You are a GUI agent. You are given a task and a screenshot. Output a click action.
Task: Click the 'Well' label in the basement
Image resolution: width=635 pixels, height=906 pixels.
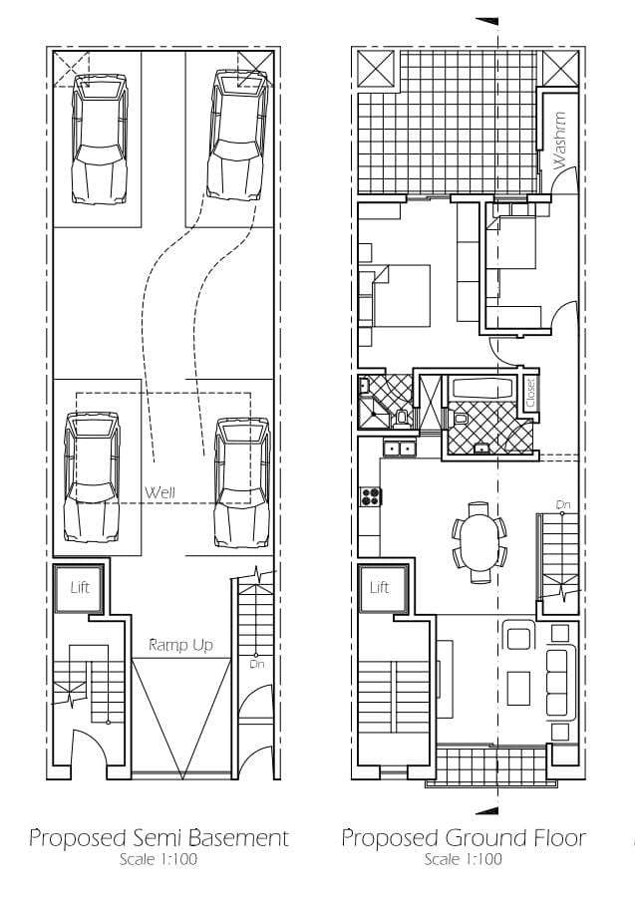point(159,492)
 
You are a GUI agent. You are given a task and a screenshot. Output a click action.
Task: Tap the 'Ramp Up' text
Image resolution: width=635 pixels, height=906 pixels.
point(180,644)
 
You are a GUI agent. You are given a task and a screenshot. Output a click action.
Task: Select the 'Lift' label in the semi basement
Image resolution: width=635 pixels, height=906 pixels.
point(80,588)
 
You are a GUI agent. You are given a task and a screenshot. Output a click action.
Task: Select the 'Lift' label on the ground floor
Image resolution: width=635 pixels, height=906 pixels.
point(379,588)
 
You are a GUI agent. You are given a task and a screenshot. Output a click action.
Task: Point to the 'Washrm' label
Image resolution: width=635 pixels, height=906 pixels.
point(559,141)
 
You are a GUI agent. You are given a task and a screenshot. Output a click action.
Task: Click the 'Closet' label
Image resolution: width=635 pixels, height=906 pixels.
point(530,393)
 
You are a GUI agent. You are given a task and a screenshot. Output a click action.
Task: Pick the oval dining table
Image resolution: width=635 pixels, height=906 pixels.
point(478,541)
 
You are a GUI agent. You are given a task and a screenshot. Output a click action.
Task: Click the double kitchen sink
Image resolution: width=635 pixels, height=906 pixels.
point(400,448)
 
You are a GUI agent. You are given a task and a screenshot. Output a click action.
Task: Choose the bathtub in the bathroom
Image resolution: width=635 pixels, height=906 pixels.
point(482,388)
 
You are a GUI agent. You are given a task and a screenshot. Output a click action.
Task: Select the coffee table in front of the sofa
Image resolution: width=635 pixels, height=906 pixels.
point(518,688)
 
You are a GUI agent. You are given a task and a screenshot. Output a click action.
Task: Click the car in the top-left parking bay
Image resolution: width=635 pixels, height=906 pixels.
point(100,139)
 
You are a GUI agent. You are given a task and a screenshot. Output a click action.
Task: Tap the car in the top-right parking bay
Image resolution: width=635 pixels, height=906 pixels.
point(237,136)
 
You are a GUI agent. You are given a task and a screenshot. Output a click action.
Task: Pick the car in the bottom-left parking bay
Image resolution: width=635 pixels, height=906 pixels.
point(93,476)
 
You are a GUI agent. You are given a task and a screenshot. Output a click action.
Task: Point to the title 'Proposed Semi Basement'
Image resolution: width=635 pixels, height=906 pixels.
point(159,837)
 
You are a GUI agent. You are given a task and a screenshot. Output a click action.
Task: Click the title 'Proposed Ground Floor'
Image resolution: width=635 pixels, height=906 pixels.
point(464,837)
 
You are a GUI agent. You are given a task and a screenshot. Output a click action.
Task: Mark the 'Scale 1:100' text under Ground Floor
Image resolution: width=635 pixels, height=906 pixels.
point(463,859)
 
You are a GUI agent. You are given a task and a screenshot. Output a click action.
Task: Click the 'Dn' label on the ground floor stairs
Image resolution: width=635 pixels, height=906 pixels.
point(563,505)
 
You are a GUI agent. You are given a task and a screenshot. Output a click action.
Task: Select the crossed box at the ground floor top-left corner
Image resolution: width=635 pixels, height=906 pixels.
point(376,70)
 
